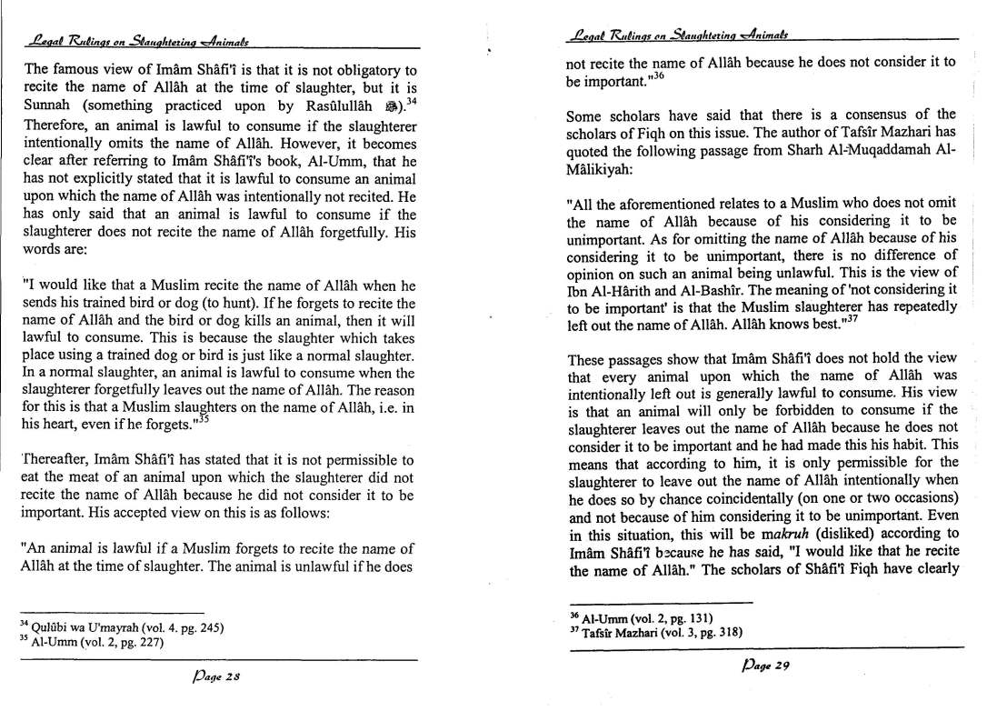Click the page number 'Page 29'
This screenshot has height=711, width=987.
[x=764, y=666]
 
